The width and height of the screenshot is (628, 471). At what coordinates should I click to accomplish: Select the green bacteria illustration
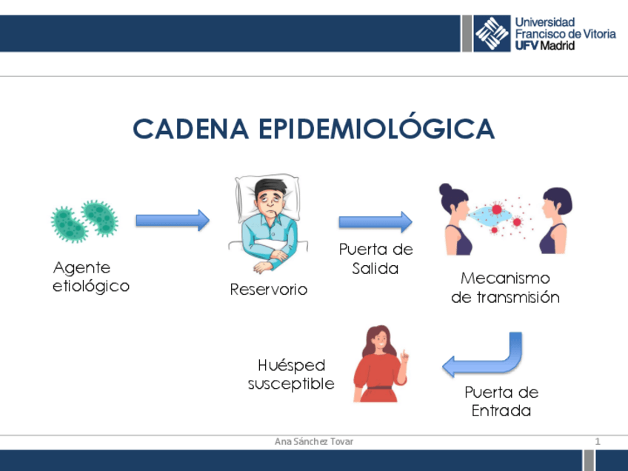tap(84, 220)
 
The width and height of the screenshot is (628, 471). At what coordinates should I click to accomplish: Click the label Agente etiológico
tap(90, 276)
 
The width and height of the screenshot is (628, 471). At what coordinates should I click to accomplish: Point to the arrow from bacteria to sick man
tap(172, 220)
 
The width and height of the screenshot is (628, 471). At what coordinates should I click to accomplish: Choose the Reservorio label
tap(268, 290)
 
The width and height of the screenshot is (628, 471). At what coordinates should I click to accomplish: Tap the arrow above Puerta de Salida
tap(375, 221)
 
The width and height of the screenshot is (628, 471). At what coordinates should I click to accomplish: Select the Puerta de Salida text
tap(375, 258)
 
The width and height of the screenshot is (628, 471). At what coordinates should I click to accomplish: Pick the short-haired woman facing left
tap(555, 218)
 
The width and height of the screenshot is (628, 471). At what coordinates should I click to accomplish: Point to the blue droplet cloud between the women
tap(490, 214)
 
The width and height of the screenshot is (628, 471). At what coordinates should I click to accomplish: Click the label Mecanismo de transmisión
tap(505, 288)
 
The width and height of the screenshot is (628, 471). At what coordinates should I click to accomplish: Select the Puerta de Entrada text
tap(501, 401)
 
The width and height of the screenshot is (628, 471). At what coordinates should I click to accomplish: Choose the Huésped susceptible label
tap(291, 375)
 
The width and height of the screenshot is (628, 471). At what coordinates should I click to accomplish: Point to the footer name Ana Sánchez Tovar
tap(314, 441)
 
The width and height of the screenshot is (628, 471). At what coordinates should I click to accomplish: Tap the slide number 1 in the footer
tap(598, 441)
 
